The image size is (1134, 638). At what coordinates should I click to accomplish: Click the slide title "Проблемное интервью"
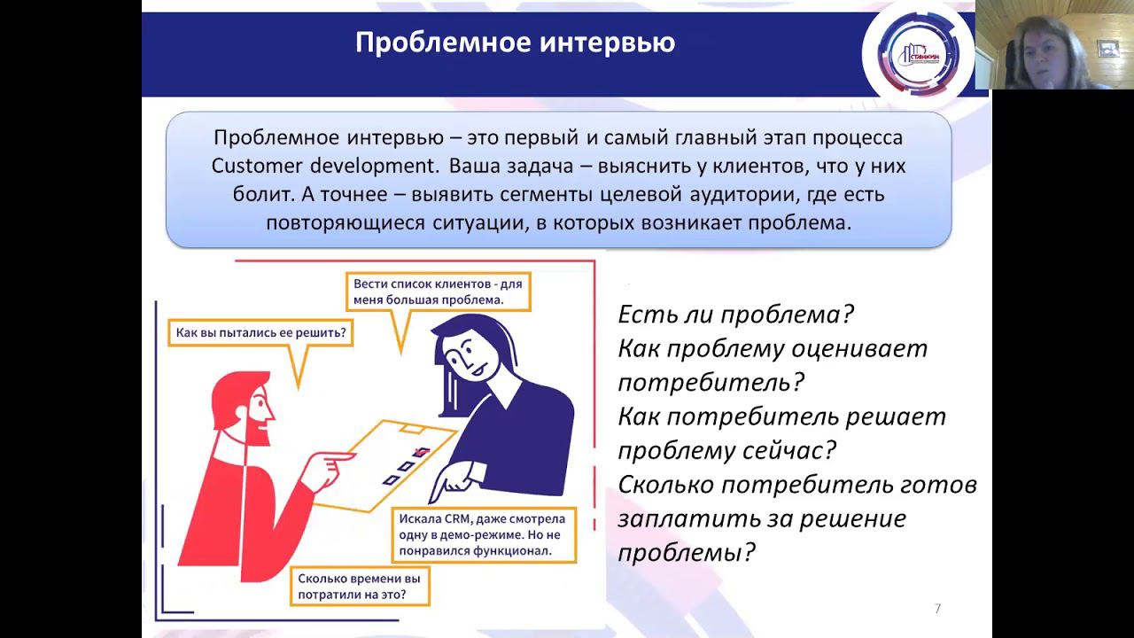coord(515,43)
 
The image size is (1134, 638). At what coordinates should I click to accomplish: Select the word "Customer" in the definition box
coord(257,166)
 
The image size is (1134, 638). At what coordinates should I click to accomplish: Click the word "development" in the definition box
coord(373,166)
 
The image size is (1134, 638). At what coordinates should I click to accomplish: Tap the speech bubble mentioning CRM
coord(483,533)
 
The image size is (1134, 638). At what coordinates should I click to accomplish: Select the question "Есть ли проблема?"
coord(735,315)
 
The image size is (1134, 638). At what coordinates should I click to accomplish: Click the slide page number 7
coord(937,608)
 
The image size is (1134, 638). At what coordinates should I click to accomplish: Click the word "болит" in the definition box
coord(238,194)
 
